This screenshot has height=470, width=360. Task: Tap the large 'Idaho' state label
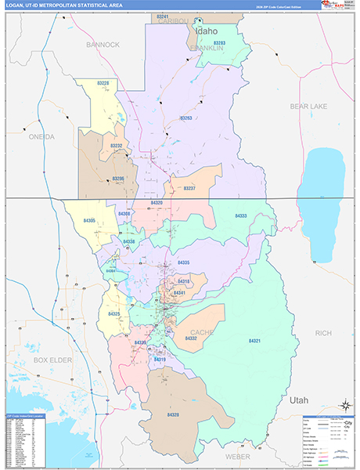[207, 31]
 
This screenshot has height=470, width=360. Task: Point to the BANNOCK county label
[103, 45]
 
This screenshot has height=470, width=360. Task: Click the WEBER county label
[238, 455]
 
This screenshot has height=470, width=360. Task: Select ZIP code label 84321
[256, 342]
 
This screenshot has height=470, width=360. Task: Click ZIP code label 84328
[173, 414]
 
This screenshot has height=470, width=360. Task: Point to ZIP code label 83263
[185, 118]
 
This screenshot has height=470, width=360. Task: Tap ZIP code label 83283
[220, 43]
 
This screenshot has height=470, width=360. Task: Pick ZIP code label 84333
[240, 215]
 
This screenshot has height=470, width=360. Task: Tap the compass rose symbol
[344, 405]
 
